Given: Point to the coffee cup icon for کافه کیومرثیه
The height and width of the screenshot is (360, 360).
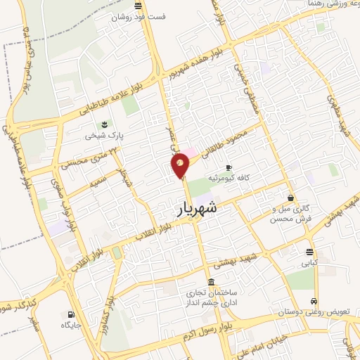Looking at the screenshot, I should pyautogui.click(x=229, y=167).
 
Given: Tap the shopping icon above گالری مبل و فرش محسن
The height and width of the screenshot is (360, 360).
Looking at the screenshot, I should pyautogui.click(x=290, y=198).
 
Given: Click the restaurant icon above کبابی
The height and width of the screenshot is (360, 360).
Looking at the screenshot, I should pyautogui.click(x=309, y=252).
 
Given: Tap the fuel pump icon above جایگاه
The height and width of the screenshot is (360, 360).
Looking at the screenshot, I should pyautogui.click(x=70, y=314).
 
